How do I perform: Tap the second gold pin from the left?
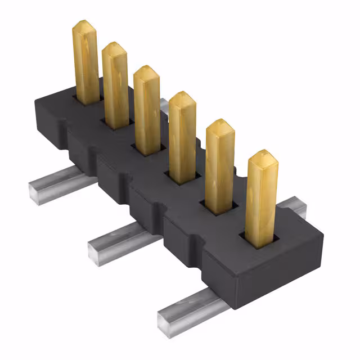115,84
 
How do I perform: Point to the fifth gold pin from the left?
220,166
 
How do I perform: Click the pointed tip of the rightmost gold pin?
262,154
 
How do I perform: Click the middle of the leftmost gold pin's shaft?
85,65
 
